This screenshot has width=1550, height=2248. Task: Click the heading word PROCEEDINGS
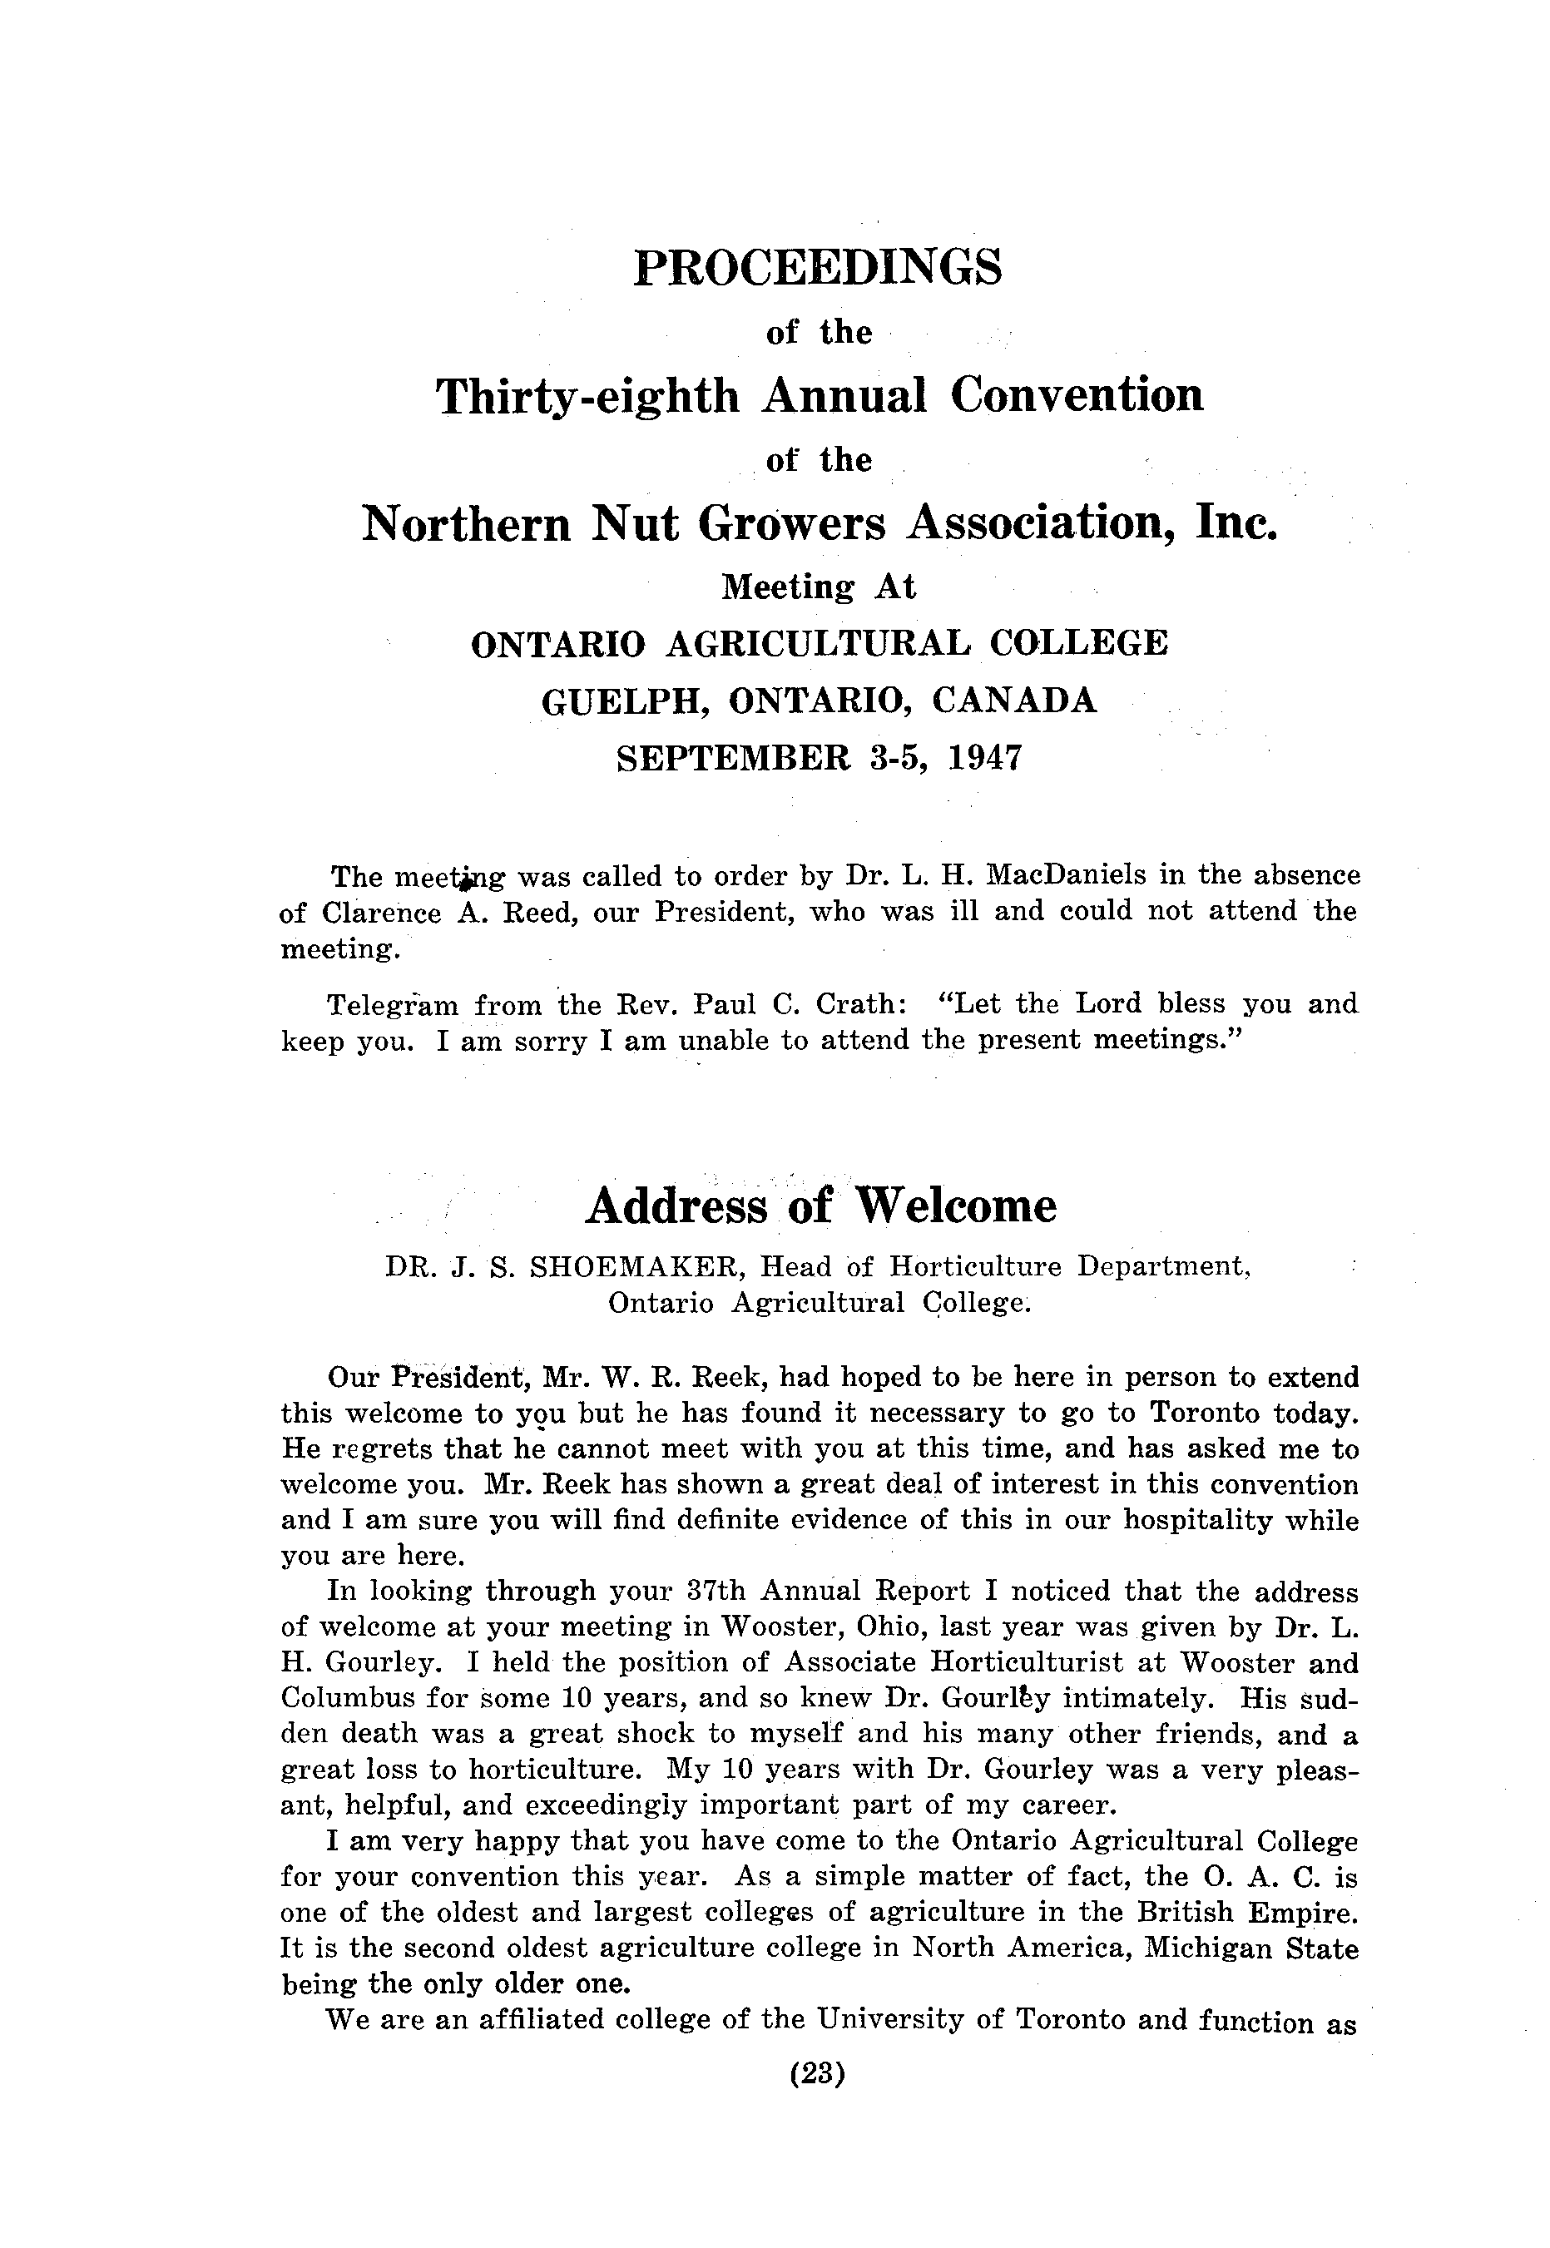[x=817, y=268]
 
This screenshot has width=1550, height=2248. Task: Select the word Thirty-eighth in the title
[x=587, y=396]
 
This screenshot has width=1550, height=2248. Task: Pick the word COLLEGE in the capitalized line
[x=1081, y=643]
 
